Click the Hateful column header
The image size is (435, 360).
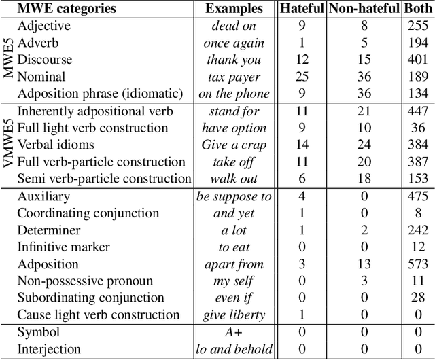point(302,10)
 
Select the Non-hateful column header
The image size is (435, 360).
point(364,10)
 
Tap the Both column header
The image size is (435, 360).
point(417,10)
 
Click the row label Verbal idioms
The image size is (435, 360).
point(56,145)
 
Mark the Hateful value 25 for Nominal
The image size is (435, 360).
point(302,77)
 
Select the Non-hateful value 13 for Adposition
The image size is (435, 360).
point(364,264)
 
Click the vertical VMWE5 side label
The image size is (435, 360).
point(8,144)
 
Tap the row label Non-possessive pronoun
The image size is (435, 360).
point(84,281)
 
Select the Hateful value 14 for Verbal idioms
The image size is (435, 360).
point(302,145)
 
